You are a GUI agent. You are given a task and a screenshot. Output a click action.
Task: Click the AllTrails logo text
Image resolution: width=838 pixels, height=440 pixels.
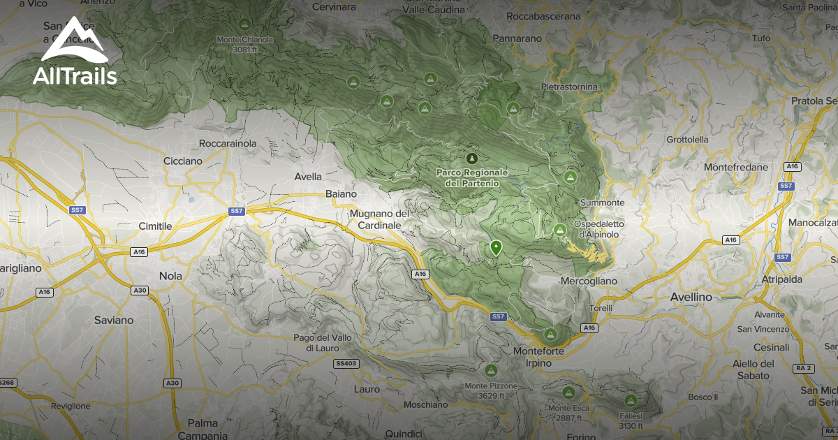[x=75, y=75]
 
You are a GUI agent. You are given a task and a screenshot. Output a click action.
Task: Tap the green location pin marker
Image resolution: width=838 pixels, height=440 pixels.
[x=496, y=247]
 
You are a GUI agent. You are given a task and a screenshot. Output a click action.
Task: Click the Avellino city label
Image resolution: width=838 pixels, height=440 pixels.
[x=691, y=297]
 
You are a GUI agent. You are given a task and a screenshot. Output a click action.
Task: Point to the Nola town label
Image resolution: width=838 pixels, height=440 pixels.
[x=170, y=276]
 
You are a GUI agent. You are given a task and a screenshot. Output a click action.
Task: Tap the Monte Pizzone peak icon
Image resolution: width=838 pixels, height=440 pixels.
[x=491, y=370]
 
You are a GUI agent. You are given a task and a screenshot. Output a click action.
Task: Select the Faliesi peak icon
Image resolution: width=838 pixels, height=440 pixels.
[x=631, y=401]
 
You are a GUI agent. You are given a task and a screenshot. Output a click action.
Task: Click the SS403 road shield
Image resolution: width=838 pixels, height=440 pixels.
[x=346, y=363]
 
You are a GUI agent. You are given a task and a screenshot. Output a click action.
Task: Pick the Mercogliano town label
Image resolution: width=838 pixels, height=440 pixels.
[x=589, y=281]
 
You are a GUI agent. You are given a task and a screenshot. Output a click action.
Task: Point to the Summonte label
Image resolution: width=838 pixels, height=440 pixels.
[x=602, y=203]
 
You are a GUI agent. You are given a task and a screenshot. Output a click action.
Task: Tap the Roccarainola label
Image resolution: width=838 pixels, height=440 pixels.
[x=228, y=143]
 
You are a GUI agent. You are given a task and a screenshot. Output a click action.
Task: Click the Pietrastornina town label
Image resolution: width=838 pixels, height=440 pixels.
[x=569, y=87]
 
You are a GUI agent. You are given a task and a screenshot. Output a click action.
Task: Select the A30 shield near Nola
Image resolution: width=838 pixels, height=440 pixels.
[x=140, y=291]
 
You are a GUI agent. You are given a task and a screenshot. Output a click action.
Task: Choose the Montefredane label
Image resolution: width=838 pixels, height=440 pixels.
[x=736, y=168]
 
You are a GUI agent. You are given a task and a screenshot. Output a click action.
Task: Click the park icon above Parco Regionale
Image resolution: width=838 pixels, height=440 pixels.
[x=472, y=159]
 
